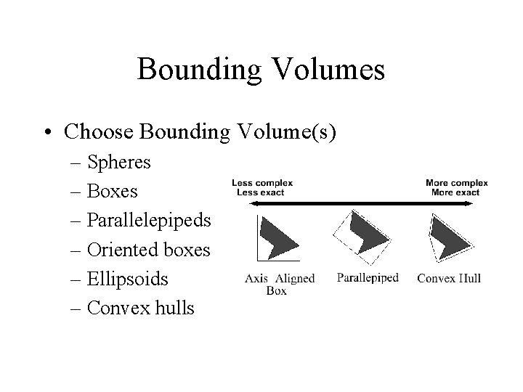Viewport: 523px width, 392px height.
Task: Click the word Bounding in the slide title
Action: point(193,70)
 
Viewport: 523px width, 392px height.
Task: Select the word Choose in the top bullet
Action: point(100,133)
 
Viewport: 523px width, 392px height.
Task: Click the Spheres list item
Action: point(118,163)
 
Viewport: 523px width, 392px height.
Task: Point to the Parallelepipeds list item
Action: point(148,221)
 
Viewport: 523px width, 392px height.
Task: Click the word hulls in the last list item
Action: point(174,309)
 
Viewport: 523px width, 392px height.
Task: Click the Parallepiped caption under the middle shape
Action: point(368,277)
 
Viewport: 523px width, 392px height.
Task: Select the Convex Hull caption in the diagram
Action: point(449,278)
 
